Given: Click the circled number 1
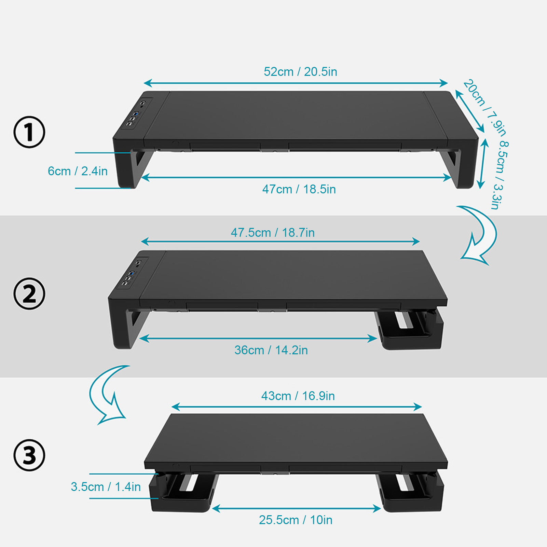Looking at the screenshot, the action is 29,132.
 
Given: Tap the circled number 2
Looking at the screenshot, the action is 29,294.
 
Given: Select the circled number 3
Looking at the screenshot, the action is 29,455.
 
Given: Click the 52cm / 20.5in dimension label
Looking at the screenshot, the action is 300,72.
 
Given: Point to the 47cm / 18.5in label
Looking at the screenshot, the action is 299,189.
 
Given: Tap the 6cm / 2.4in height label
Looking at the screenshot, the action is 78,171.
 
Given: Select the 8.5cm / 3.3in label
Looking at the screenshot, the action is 500,175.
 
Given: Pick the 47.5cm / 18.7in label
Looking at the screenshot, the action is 273,233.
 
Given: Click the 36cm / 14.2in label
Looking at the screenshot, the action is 271,350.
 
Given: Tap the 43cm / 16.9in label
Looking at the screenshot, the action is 298,396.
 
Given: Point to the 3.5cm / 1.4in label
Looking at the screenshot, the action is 106,487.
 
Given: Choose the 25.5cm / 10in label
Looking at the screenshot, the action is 296,520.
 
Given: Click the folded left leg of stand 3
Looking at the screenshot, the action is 184,492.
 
